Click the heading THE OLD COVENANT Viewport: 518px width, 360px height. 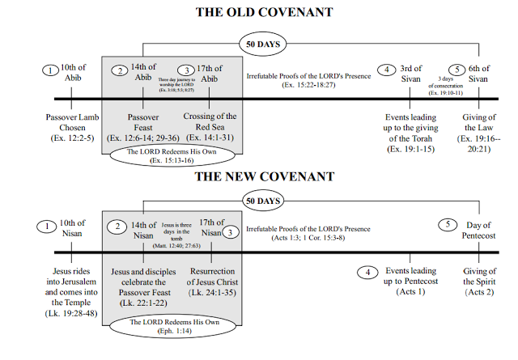click(x=259, y=13)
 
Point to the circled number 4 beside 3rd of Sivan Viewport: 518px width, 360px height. click(x=388, y=70)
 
